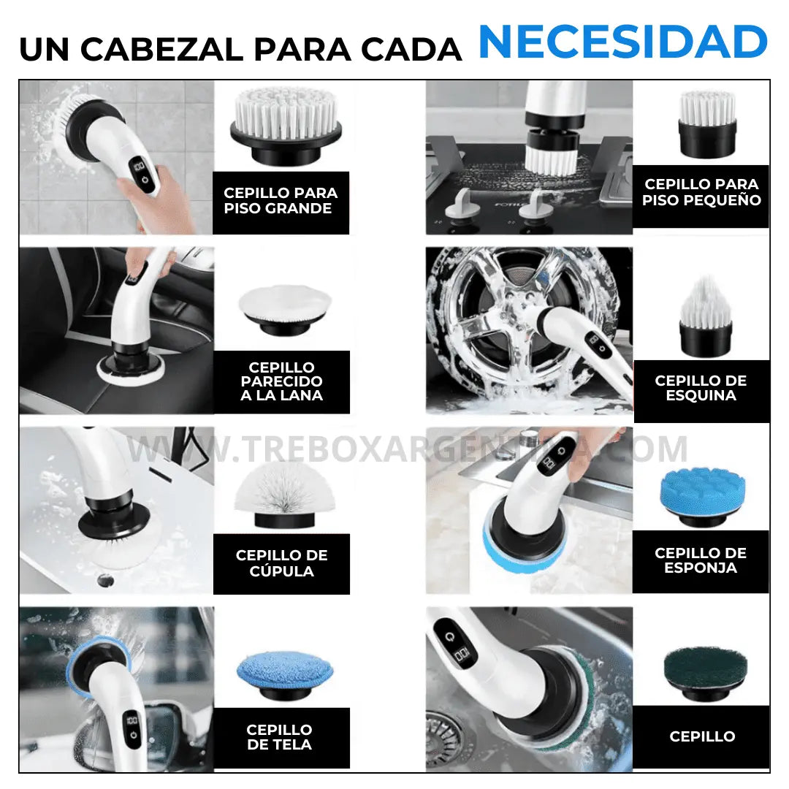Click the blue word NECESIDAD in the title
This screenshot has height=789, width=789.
622,42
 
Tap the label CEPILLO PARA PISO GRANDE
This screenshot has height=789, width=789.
281,201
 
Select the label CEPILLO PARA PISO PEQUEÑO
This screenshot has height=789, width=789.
701,193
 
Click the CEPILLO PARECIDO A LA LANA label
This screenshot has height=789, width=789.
281,381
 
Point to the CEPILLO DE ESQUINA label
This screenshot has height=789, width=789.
701,389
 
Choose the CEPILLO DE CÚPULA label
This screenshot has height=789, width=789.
281,563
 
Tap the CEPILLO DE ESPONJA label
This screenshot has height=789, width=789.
701,560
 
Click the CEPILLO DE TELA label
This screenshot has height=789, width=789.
279,737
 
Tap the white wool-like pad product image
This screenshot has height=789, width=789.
284,310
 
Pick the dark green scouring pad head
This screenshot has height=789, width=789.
705,672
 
